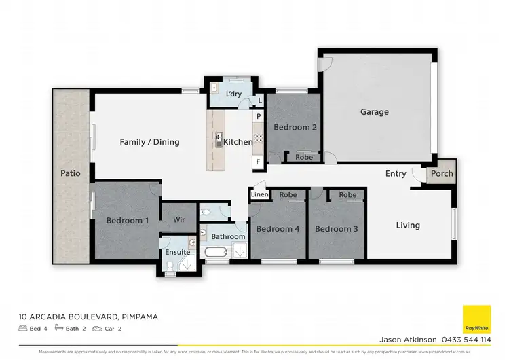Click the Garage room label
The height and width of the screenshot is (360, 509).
(x=374, y=112)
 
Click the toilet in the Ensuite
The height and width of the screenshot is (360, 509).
(x=170, y=272)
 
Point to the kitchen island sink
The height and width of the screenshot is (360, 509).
(x=219, y=141)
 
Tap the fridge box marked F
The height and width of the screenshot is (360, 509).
(x=259, y=162)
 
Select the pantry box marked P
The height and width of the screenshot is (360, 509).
(x=259, y=117)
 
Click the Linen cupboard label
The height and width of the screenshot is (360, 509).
(x=259, y=195)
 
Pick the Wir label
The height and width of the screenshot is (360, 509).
(x=179, y=220)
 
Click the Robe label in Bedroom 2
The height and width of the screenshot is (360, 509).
(x=304, y=157)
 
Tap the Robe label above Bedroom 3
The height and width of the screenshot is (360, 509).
(x=347, y=195)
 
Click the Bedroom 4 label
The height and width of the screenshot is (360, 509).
(x=278, y=229)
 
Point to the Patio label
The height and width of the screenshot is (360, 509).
(x=71, y=173)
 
